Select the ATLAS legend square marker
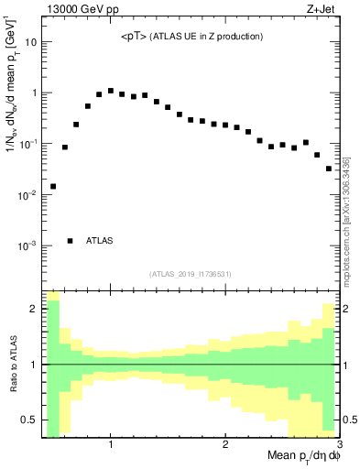click(71, 241)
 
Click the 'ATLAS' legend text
click(100, 241)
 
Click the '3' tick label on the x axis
click(339, 445)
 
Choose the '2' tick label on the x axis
click(225, 445)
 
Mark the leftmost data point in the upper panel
click(53, 186)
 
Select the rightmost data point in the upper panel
click(329, 169)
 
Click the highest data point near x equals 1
click(110, 91)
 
